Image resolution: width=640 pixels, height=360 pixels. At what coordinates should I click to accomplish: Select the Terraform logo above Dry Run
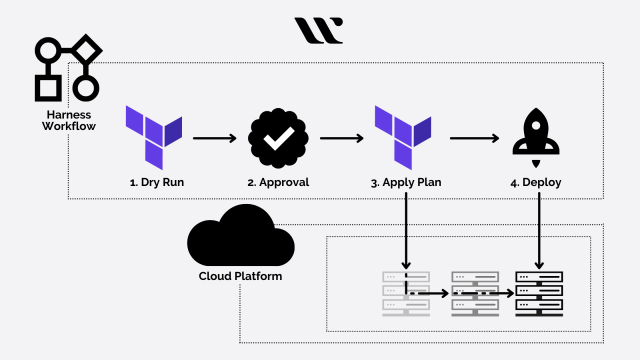tap(154, 136)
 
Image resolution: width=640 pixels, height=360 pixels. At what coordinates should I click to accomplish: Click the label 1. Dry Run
tap(154, 184)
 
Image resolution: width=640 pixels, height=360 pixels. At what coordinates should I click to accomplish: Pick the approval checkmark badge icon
tap(277, 136)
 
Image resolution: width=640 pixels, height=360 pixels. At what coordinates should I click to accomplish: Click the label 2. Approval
tap(277, 184)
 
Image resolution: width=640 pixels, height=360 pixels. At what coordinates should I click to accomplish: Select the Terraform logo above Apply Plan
tap(403, 136)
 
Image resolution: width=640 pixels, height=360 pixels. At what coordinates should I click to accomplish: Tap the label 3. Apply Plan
tap(406, 184)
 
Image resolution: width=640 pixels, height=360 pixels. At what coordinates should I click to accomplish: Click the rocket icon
tap(539, 137)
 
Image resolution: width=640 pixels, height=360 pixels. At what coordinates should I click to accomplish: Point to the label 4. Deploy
tap(539, 184)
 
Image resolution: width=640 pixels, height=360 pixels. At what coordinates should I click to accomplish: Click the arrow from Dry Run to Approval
tap(216, 138)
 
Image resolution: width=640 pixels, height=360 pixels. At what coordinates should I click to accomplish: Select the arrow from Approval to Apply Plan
tap(340, 138)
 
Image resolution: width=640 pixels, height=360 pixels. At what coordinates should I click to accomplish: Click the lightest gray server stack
tap(406, 293)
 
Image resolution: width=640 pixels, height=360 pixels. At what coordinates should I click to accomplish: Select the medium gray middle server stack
tap(472, 293)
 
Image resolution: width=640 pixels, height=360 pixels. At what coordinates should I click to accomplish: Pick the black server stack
tap(539, 293)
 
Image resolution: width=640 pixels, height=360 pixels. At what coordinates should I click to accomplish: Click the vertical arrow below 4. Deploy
tap(539, 229)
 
